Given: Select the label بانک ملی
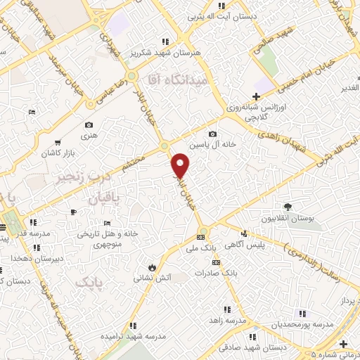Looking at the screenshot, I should (x=200, y=248).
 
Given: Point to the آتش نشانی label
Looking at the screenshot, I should (x=153, y=278).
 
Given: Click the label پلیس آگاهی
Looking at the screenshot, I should (x=243, y=245).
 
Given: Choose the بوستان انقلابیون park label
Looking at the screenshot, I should (x=288, y=219).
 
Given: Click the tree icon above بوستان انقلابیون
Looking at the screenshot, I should (x=288, y=207).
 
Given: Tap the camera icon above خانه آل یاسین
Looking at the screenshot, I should (x=212, y=134).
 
